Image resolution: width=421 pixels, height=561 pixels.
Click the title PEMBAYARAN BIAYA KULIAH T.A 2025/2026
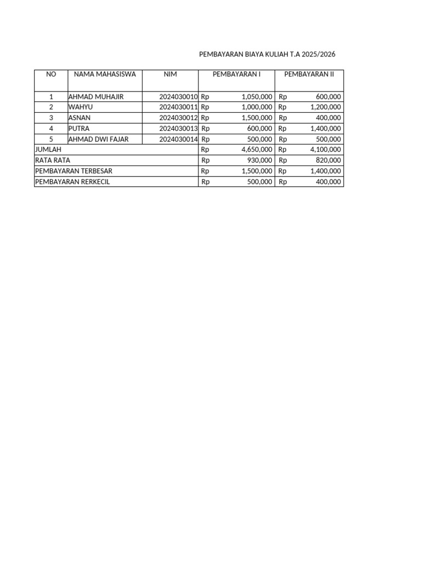point(267,55)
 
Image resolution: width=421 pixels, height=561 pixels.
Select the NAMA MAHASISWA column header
point(105,74)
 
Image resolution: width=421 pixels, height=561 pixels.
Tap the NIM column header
point(170,74)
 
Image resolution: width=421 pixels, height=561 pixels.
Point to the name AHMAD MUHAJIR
point(96,96)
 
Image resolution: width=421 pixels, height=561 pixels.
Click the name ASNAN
point(79,117)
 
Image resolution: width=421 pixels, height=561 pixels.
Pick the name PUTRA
point(79,128)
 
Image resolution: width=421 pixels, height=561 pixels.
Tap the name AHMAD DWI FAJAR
point(98,139)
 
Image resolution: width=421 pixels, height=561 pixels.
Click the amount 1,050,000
point(257,96)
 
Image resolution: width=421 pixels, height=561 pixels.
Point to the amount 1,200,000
point(326,107)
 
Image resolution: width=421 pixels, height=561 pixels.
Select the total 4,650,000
point(257,149)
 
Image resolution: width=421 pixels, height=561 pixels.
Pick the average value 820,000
point(329,160)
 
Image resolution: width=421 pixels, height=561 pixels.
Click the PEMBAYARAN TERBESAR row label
point(73,171)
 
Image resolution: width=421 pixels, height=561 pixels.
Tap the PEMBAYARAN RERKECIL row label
point(72,181)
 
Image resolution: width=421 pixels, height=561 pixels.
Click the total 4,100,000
point(326,149)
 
